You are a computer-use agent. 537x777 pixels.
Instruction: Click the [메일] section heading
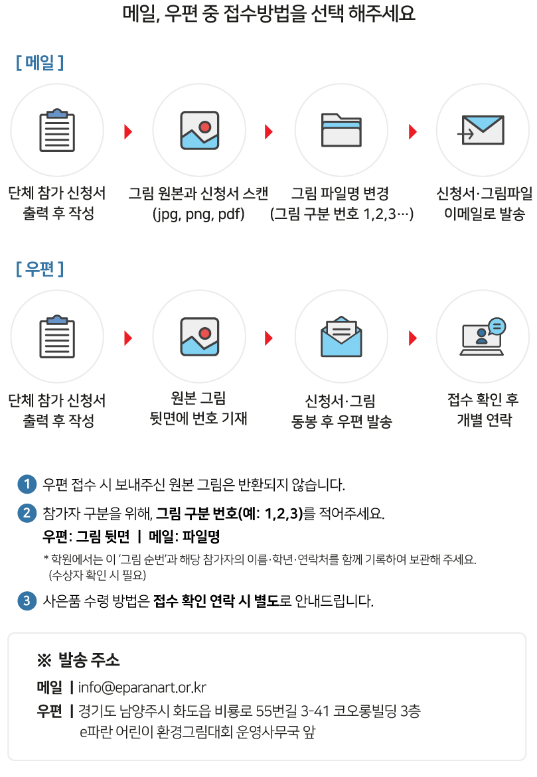pyautogui.click(x=40, y=63)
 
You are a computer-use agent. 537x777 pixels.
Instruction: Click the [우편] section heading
pyautogui.click(x=40, y=269)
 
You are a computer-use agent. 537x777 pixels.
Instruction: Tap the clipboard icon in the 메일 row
pyautogui.click(x=57, y=130)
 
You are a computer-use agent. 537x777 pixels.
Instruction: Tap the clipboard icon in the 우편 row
pyautogui.click(x=57, y=336)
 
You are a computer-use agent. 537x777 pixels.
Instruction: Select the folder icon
pyautogui.click(x=341, y=130)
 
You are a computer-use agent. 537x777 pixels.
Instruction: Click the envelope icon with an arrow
pyautogui.click(x=482, y=130)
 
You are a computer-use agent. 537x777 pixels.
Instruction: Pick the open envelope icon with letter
pyautogui.click(x=341, y=336)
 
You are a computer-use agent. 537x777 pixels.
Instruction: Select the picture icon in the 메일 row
pyautogui.click(x=199, y=130)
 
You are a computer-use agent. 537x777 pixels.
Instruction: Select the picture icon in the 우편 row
pyautogui.click(x=199, y=336)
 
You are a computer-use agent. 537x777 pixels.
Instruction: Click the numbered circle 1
pyautogui.click(x=27, y=484)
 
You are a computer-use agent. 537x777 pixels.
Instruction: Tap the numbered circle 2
pyautogui.click(x=27, y=513)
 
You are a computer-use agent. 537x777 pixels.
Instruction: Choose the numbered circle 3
pyautogui.click(x=27, y=601)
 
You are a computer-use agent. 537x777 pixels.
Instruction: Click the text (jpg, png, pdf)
pyautogui.click(x=198, y=214)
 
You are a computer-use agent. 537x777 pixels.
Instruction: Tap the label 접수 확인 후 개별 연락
pyautogui.click(x=483, y=409)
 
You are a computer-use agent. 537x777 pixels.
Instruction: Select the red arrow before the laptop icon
pyautogui.click(x=413, y=338)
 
